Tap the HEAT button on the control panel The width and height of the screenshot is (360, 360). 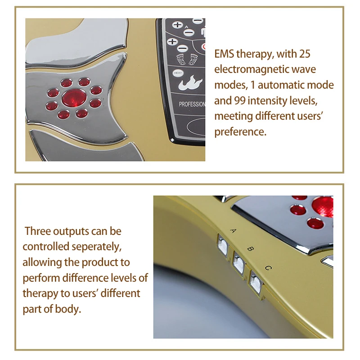[177, 72]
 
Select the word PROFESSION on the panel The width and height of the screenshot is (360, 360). [192, 104]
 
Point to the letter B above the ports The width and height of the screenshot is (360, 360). [251, 248]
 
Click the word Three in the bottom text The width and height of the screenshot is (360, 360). [38, 231]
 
